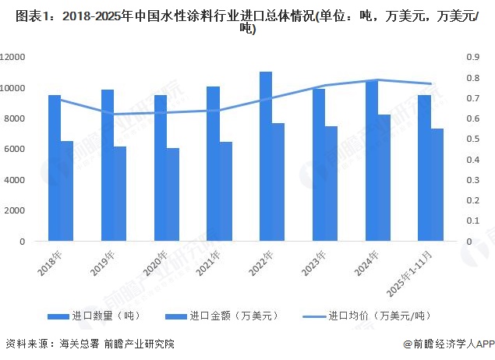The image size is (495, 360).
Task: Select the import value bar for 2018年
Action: coord(67,191)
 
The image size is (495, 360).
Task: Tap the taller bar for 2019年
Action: coord(108,165)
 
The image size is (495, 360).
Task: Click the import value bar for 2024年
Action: coord(384,178)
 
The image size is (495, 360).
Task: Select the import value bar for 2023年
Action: coord(331,183)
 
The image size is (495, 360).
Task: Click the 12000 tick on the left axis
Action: coord(13,58)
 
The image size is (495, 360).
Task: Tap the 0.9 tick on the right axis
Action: coord(473,58)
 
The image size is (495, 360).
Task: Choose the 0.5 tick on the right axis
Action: coord(473,139)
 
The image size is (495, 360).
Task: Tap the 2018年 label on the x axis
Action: coord(52,263)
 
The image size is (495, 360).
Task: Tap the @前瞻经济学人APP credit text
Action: coord(444,344)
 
